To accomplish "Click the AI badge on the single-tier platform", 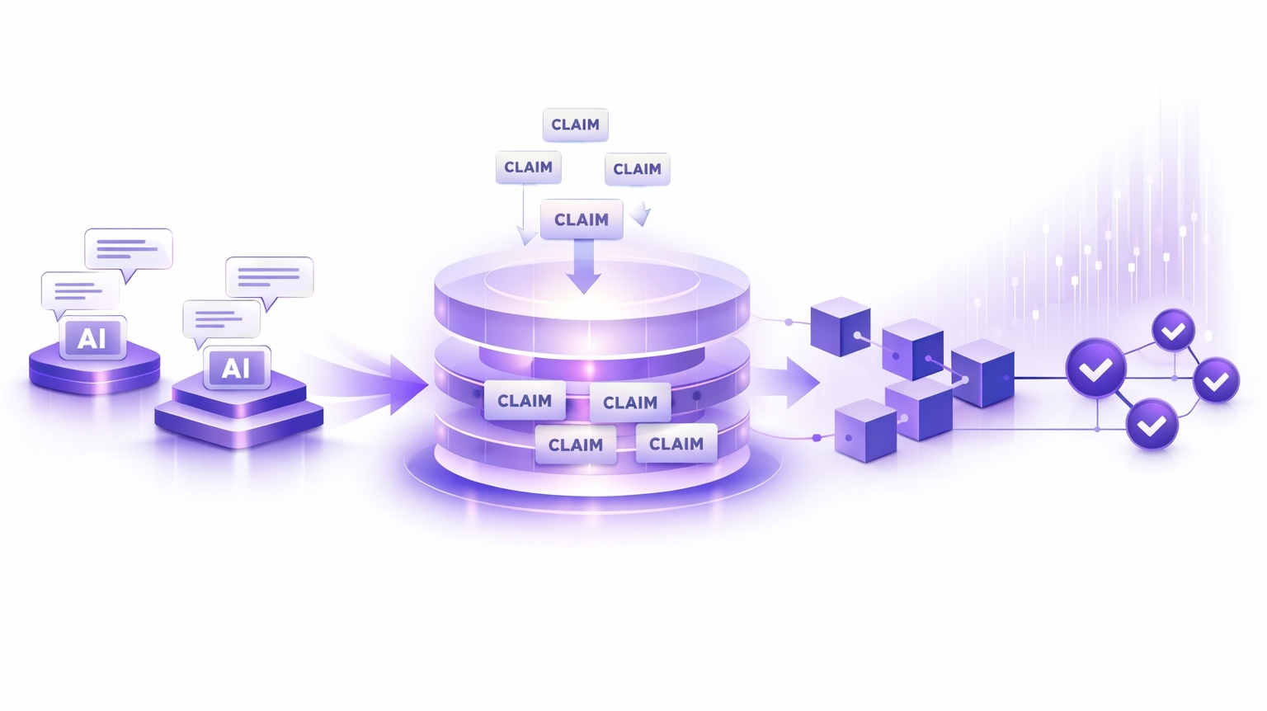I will tap(92, 338).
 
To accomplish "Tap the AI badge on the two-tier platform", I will tap(237, 368).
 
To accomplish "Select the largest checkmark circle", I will tap(1095, 370).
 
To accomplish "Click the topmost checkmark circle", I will tap(1173, 332).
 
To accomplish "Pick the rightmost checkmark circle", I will tap(1216, 380).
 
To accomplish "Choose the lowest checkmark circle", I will tap(1152, 424).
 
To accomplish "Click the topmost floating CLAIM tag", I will tap(575, 125).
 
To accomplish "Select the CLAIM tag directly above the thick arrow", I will tap(582, 219).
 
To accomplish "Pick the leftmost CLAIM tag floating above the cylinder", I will tap(528, 167).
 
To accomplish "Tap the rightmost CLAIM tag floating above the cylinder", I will tap(637, 169).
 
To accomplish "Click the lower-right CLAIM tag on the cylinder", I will tap(676, 444).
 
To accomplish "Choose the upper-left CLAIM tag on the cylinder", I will tap(525, 401).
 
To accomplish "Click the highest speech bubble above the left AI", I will tap(129, 248).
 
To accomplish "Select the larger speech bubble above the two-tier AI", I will tap(270, 277).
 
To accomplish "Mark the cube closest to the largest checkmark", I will tap(982, 374).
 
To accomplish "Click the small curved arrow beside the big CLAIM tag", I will tap(641, 216).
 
